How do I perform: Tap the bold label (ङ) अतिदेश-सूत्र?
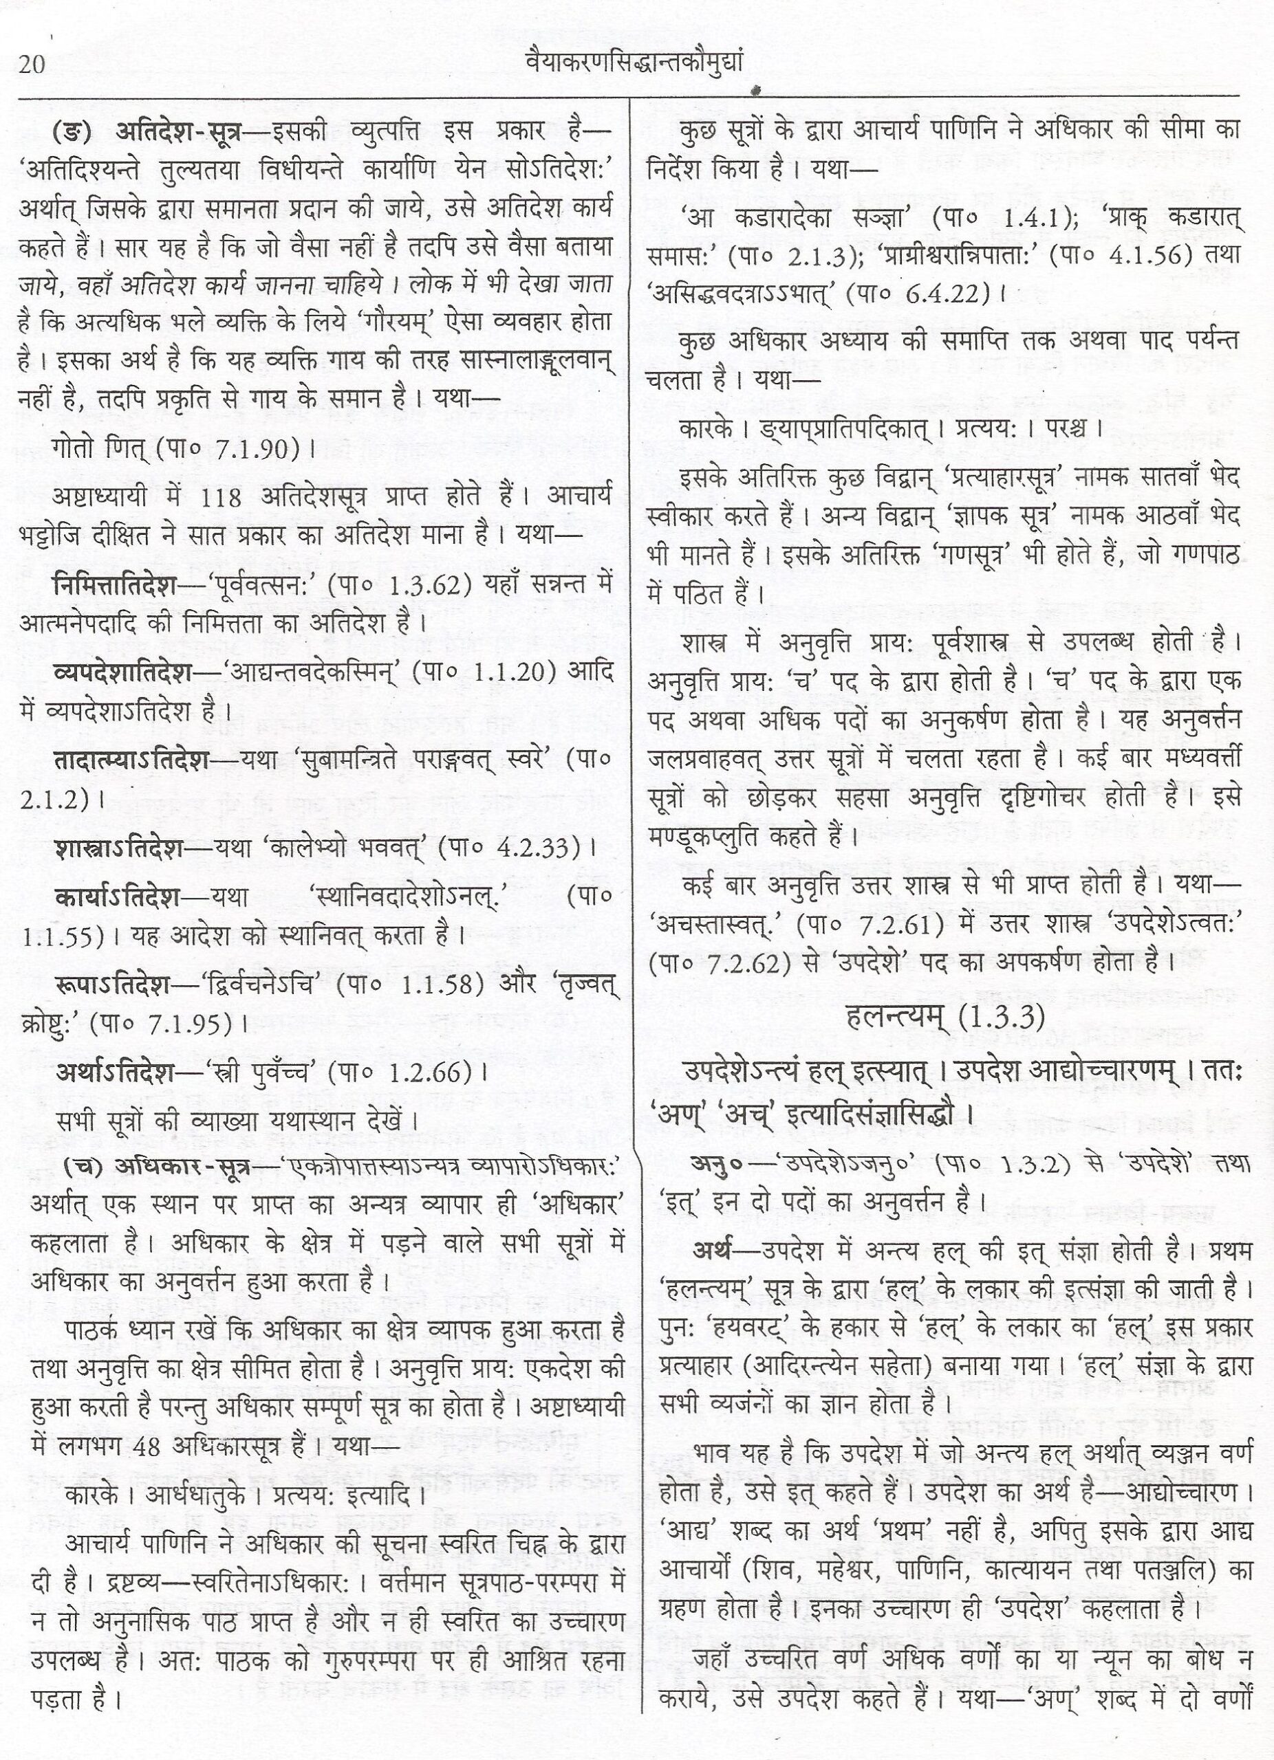(x=149, y=133)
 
